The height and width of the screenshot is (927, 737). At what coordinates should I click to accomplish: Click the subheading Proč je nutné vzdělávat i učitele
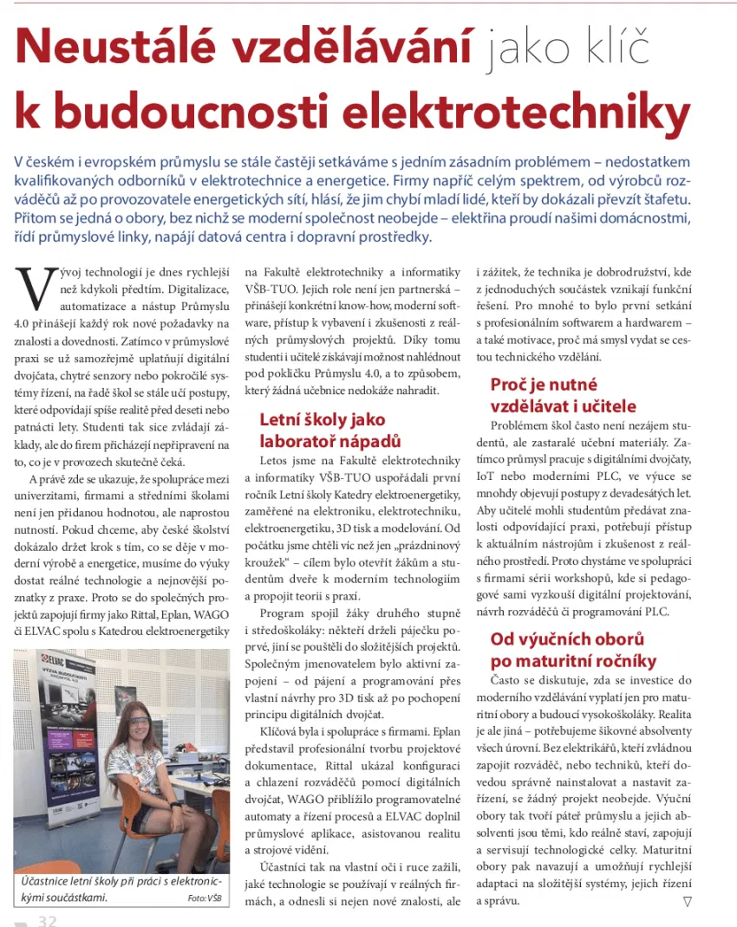click(x=563, y=395)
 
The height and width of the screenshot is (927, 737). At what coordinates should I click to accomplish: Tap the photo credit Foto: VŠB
click(x=205, y=898)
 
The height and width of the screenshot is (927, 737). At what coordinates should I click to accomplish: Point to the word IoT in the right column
click(x=486, y=476)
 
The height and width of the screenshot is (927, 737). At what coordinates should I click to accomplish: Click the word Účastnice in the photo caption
click(x=42, y=882)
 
